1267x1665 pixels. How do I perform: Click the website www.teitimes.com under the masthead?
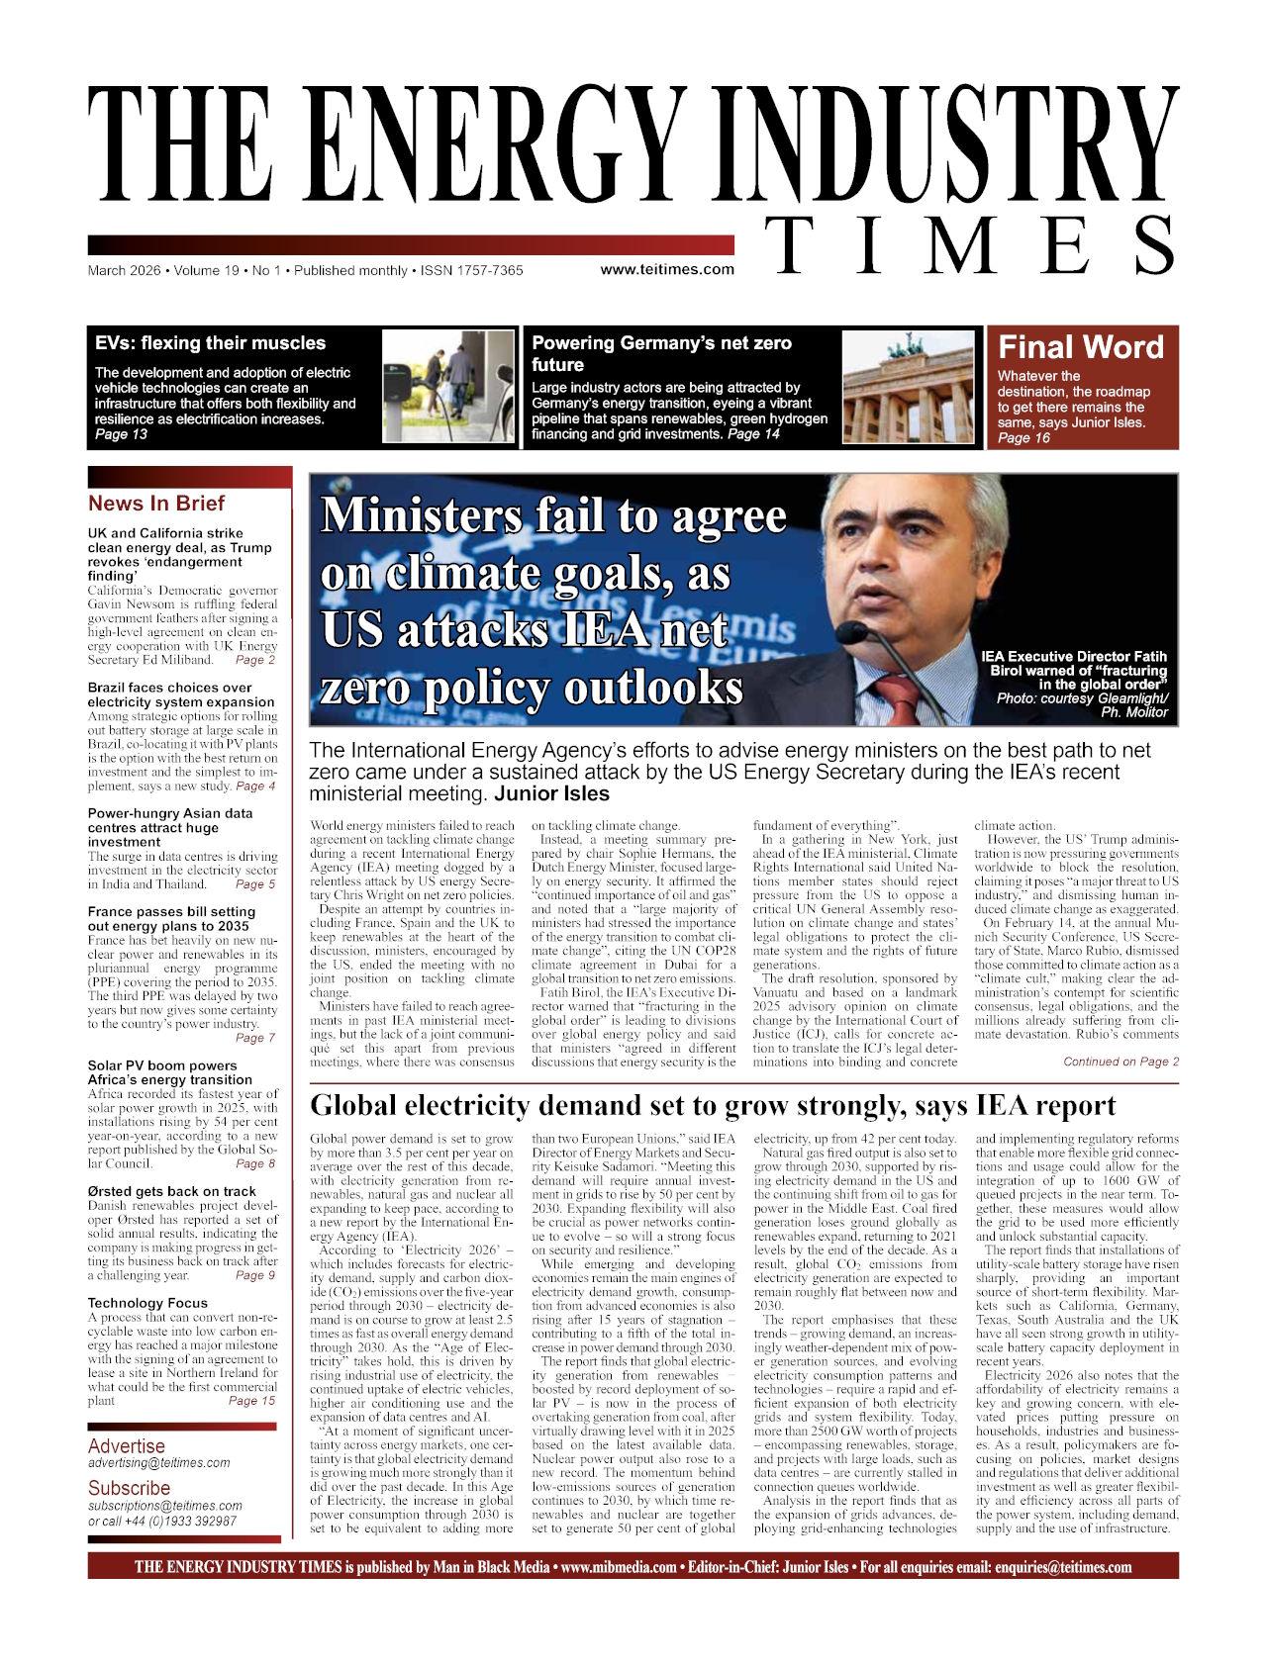click(x=667, y=269)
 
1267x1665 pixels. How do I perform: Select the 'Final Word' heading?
click(x=1080, y=347)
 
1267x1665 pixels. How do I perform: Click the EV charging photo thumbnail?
click(x=448, y=386)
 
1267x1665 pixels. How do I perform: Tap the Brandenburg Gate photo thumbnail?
click(x=907, y=386)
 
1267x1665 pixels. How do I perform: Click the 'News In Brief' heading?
click(x=156, y=503)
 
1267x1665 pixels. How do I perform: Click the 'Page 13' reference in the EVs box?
click(x=121, y=434)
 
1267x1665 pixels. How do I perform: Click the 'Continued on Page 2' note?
click(x=1121, y=1062)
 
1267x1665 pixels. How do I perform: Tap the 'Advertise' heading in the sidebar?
click(x=126, y=1446)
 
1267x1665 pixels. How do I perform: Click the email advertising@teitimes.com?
click(x=158, y=1463)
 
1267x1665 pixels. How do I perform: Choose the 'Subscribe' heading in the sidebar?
click(x=129, y=1488)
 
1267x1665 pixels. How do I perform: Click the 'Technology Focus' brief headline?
click(x=147, y=1303)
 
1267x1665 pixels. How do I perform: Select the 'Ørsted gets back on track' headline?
click(x=171, y=1191)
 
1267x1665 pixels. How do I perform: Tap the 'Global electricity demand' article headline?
click(x=713, y=1106)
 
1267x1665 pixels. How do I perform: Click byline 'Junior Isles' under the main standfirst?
click(x=551, y=794)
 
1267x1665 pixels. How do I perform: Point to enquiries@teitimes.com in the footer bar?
click(x=1062, y=1567)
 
